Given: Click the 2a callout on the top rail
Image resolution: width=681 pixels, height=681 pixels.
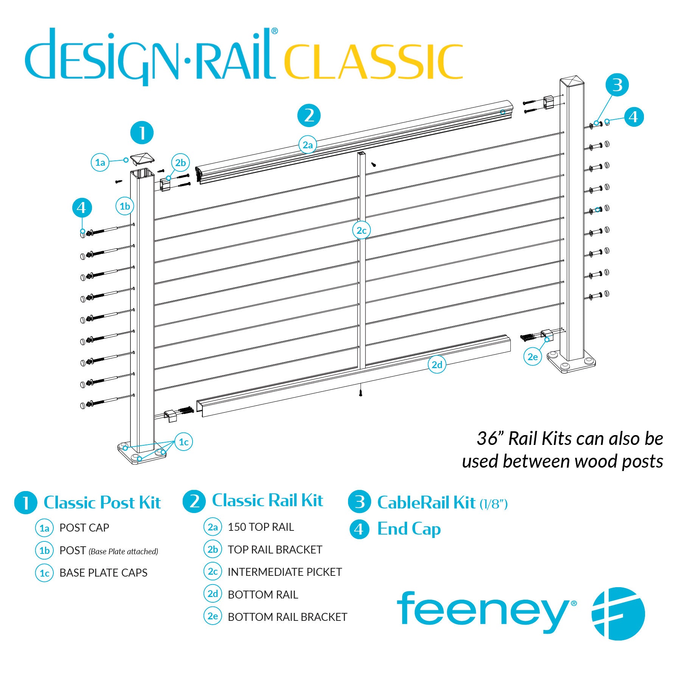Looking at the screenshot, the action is (x=308, y=145).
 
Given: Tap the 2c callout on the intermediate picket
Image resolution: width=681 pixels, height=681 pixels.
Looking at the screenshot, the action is (x=361, y=230).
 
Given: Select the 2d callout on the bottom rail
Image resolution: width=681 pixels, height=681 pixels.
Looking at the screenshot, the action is (x=437, y=365).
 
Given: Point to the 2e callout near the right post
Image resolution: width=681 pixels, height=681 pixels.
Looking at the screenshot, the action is (x=533, y=357).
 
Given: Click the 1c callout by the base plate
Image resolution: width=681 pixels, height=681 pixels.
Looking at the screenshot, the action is (x=183, y=442).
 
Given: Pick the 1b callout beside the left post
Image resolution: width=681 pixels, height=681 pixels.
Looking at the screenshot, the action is (x=125, y=206).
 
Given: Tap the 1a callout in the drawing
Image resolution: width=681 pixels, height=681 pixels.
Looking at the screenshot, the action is (x=100, y=162).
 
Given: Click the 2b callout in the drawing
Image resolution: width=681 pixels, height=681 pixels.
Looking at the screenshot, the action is (x=180, y=163).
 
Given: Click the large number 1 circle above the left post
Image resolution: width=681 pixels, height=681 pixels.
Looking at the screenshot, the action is (x=142, y=133).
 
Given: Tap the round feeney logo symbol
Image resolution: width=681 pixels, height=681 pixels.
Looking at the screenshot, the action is (x=618, y=613).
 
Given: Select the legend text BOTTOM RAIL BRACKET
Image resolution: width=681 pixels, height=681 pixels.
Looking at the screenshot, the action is (x=287, y=617).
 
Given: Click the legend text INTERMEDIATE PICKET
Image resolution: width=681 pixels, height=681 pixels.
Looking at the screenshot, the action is (x=285, y=572).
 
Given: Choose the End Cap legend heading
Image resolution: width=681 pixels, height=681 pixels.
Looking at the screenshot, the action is (x=409, y=529).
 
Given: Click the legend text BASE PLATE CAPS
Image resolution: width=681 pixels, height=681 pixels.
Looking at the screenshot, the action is (x=103, y=573).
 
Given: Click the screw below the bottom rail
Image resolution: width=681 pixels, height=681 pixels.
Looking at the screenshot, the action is (x=361, y=390).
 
